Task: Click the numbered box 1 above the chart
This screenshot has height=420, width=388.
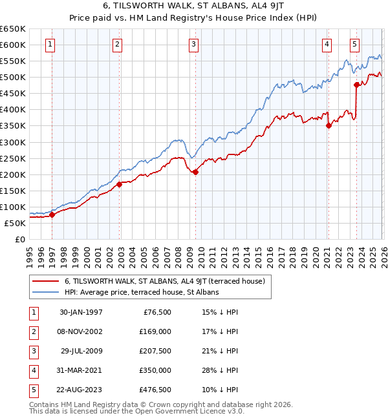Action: click(50, 45)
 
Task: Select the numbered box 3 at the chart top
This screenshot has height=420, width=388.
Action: click(193, 45)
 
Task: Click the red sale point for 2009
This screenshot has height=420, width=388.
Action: click(195, 172)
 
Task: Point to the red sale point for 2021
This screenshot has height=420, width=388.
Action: click(329, 126)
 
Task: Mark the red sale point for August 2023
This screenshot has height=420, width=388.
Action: click(356, 85)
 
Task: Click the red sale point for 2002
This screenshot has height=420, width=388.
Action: click(119, 184)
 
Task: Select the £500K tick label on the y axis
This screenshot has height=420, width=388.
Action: click(12, 78)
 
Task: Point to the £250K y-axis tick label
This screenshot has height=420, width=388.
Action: click(12, 158)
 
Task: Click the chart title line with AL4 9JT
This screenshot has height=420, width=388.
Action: click(193, 6)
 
